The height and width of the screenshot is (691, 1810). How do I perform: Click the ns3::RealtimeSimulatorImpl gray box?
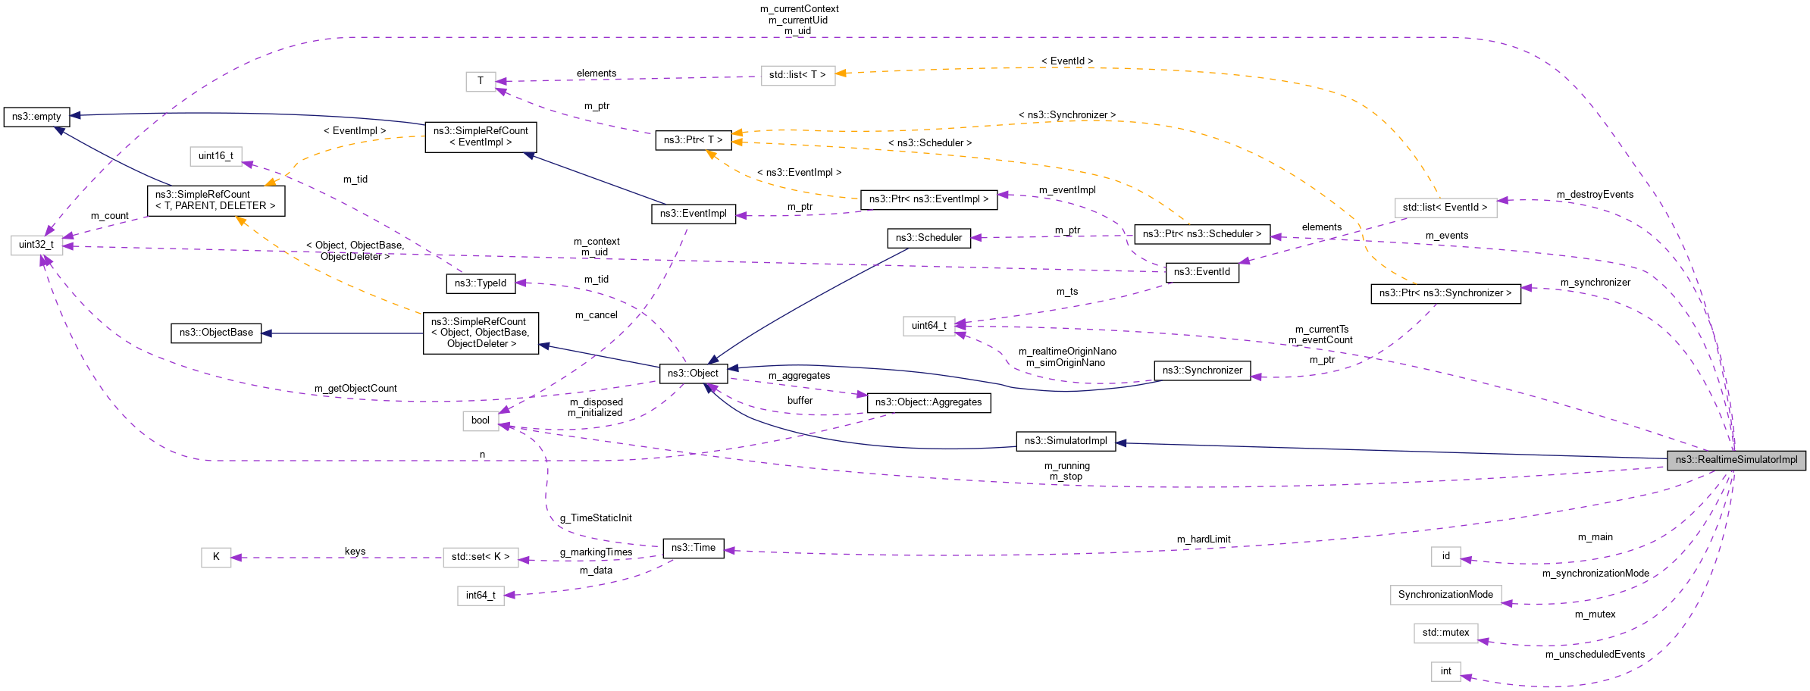pos(1736,460)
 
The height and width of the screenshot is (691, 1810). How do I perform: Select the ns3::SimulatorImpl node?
pos(1066,441)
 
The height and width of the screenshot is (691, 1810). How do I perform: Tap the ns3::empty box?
pos(36,117)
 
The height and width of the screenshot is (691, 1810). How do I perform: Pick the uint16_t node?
pos(215,156)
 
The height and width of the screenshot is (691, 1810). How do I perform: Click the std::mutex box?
pos(1445,633)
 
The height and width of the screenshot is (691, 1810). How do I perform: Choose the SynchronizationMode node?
pos(1445,595)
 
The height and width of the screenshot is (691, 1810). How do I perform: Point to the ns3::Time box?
pos(693,548)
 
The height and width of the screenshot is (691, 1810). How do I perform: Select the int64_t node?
pos(481,596)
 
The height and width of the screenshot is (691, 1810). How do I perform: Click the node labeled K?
pos(216,557)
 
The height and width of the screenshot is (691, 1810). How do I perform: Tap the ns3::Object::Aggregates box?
pos(928,402)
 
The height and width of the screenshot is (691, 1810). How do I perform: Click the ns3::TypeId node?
pos(481,283)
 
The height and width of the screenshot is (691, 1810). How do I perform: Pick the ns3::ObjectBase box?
pos(216,333)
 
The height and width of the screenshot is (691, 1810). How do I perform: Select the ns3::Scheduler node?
pos(928,238)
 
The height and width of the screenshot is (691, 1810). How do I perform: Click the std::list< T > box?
pos(797,75)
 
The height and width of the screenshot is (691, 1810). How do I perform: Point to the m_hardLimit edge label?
pos(1203,539)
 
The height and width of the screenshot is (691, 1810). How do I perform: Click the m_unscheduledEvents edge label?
pos(1595,655)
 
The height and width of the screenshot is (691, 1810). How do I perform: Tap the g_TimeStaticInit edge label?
pos(596,518)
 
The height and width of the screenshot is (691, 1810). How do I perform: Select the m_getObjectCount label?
pos(355,389)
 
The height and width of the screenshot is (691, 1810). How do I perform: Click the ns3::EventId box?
pos(1201,272)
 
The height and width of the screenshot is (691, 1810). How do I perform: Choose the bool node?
pos(481,421)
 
